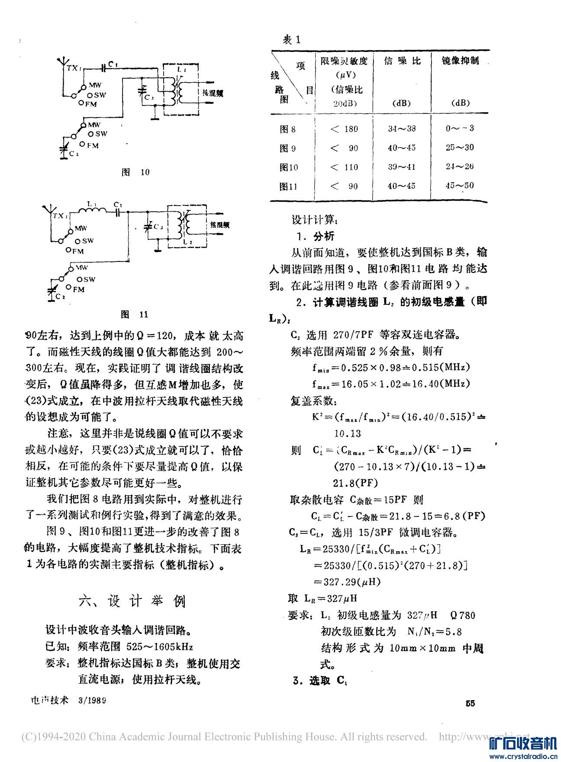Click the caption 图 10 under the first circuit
point(135,172)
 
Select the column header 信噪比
point(402,61)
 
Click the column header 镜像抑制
point(460,61)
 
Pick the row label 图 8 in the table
point(288,129)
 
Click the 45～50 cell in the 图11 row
point(460,186)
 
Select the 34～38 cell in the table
point(402,129)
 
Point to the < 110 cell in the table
point(344,167)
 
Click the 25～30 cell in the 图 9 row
point(460,148)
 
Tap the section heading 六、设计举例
point(132,601)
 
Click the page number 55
point(470,703)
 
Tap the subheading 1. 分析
point(316,236)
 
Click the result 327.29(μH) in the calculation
point(352,582)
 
